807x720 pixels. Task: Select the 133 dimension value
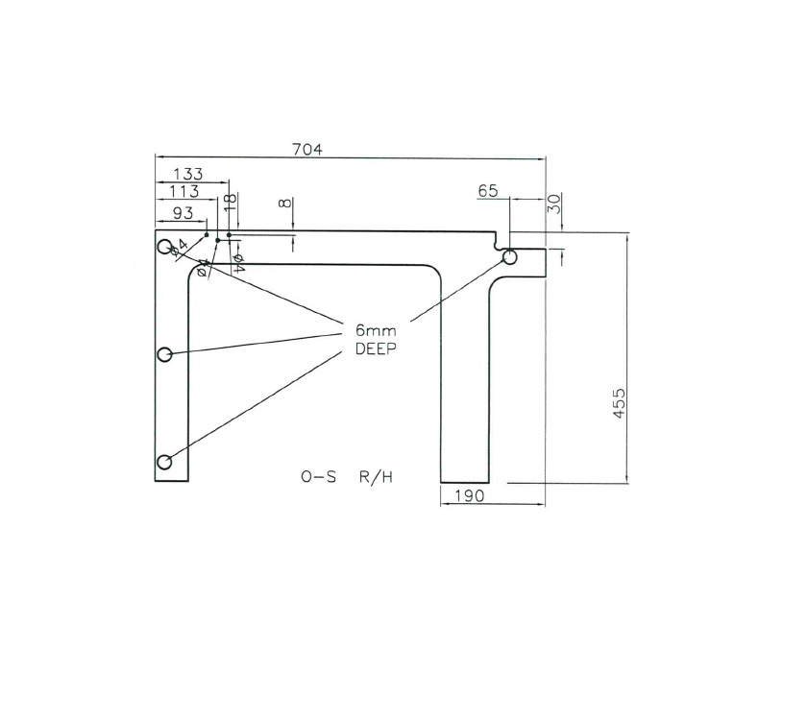coord(187,174)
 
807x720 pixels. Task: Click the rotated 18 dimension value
coord(229,202)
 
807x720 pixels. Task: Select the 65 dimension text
coord(488,191)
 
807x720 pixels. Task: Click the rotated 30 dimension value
coord(554,204)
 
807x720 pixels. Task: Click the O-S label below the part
coord(318,477)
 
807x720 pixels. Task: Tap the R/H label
coord(376,477)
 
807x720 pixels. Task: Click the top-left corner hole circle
coord(165,245)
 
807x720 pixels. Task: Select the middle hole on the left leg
coord(164,354)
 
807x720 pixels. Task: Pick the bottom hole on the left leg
coord(164,463)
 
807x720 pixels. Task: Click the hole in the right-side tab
coord(509,257)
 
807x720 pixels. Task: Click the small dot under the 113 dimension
coord(218,240)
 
